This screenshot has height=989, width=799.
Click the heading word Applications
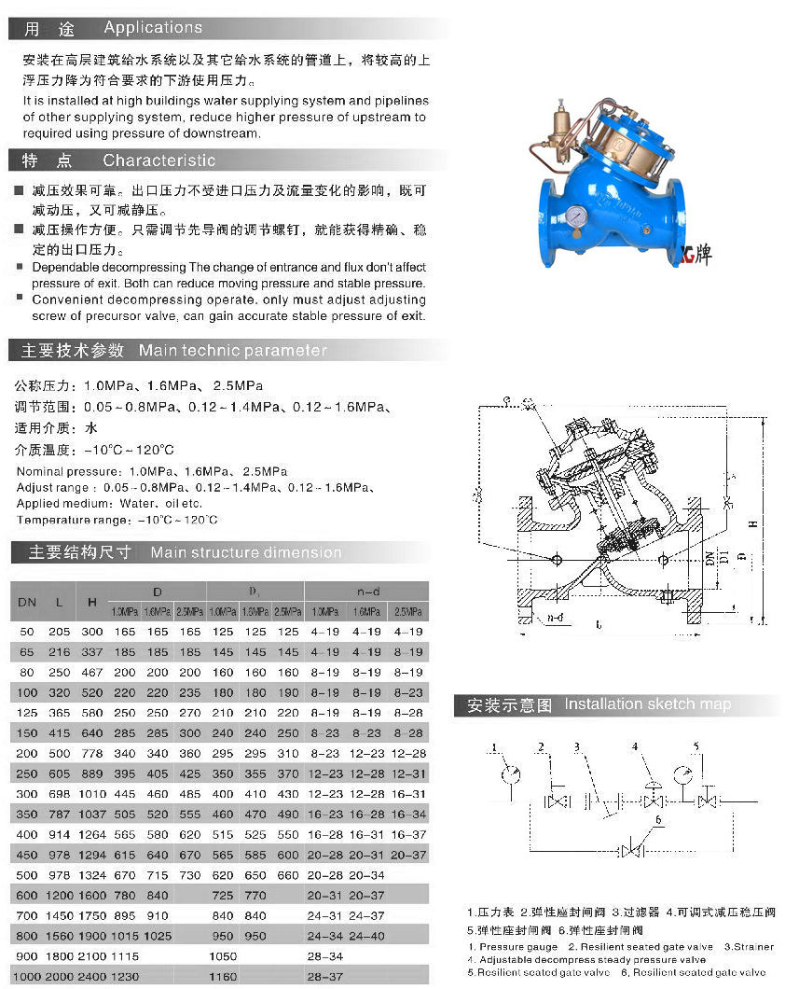click(153, 28)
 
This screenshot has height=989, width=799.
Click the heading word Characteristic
click(158, 160)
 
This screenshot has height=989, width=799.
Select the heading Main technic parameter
click(233, 351)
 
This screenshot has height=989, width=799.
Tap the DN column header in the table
click(27, 602)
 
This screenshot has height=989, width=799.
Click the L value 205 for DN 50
click(60, 632)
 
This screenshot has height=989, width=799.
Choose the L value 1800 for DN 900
click(60, 956)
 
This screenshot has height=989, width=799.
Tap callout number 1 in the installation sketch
click(496, 746)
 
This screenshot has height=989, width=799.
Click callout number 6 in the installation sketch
click(659, 820)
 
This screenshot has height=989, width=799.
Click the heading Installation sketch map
click(647, 704)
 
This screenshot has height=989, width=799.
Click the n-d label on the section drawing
click(557, 617)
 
